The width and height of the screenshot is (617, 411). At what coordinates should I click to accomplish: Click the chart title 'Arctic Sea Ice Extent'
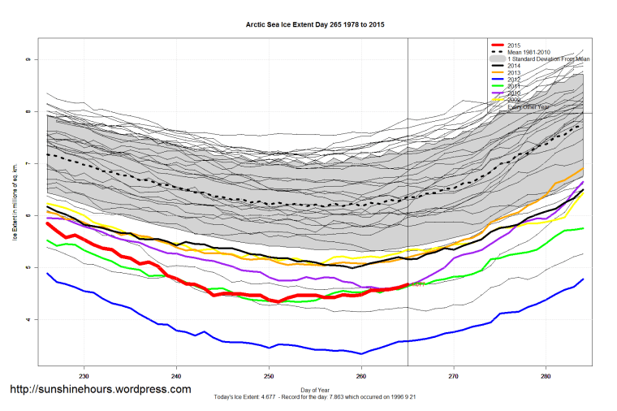click(315, 25)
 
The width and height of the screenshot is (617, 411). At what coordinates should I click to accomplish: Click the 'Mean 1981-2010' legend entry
click(529, 52)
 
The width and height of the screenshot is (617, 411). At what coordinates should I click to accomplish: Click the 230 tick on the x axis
click(84, 377)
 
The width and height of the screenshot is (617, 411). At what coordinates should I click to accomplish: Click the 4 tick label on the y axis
click(27, 319)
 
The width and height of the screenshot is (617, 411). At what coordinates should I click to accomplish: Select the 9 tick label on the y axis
click(27, 60)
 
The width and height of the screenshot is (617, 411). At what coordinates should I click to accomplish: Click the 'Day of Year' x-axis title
click(315, 390)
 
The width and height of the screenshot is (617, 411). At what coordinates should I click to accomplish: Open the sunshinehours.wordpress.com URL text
click(100, 389)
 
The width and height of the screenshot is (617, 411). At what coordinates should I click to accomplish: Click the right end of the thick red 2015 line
click(407, 284)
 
